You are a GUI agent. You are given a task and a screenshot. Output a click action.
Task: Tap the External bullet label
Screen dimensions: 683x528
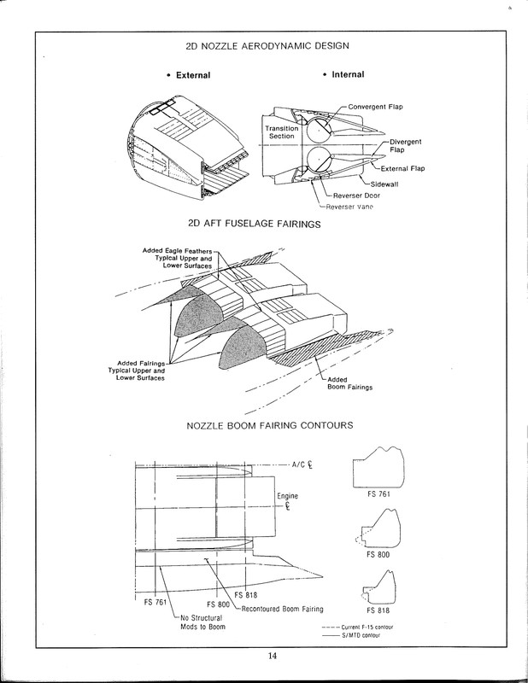(190, 76)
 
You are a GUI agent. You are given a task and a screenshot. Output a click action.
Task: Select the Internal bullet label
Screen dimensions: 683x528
(343, 75)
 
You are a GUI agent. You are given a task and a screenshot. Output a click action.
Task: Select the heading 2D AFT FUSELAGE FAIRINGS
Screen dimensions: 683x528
(263, 225)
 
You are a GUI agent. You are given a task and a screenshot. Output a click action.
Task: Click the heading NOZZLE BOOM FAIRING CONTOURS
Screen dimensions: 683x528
(263, 424)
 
